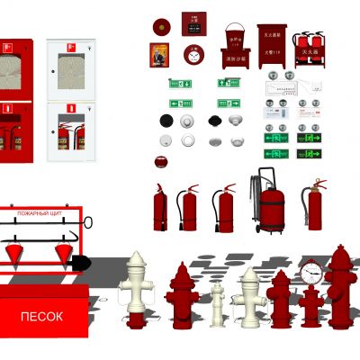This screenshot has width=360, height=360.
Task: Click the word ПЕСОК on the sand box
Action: point(42,317)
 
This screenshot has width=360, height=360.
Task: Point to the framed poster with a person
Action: point(159,55)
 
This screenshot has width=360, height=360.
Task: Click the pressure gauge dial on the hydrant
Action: point(311,271)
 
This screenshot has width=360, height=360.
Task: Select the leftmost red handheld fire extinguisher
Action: point(159,209)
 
